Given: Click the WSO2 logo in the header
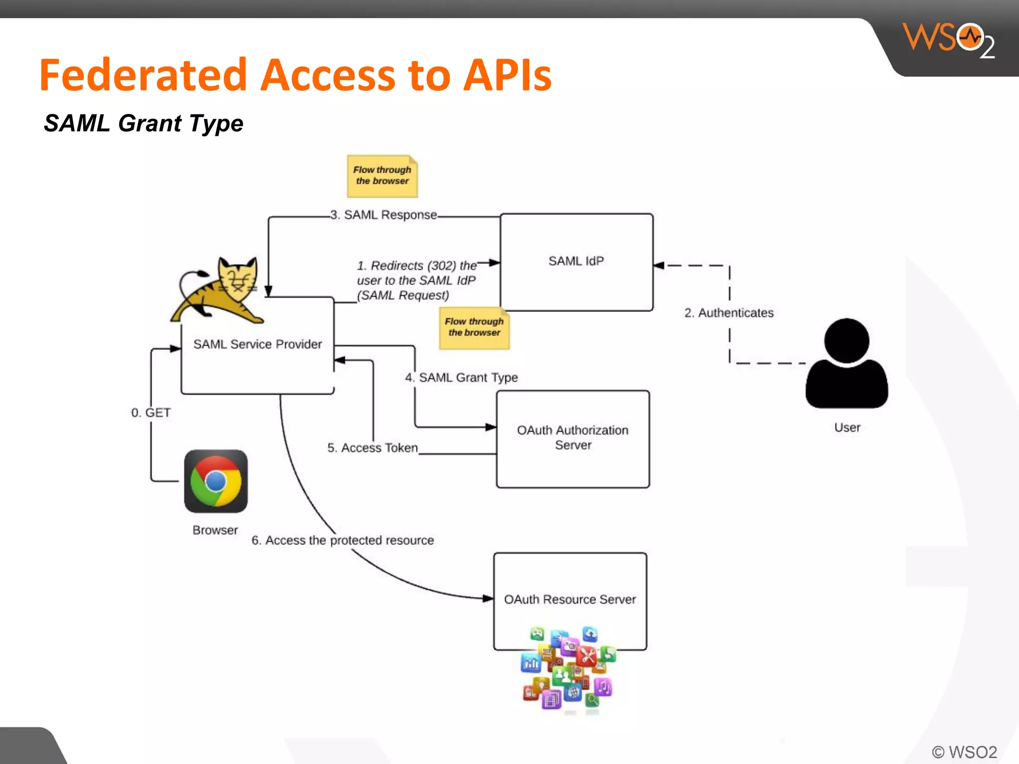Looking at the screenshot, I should point(948,40).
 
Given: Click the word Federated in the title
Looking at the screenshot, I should point(143,76).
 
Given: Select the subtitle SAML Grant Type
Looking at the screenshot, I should point(144,123).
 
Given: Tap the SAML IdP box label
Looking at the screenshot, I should point(576,261).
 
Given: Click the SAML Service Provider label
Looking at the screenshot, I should point(257,344).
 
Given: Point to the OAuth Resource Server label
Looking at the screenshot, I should point(570,599).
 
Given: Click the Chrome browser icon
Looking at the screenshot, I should point(216,481).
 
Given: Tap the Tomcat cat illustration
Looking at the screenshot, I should point(219,291).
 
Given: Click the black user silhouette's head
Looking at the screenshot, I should point(846,341).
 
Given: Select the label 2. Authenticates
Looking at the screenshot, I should point(729,313).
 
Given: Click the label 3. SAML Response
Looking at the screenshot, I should point(384,215).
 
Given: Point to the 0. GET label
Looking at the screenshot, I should point(151,413).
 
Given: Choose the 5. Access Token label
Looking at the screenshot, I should point(372,448).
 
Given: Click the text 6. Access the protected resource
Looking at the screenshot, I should point(342,540).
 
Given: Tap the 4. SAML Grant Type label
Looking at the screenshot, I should point(461,378).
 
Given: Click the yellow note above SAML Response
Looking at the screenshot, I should point(382,176).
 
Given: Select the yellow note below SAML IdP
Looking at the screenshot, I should point(474,328).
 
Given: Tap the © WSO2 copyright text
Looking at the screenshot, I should point(964,752).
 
